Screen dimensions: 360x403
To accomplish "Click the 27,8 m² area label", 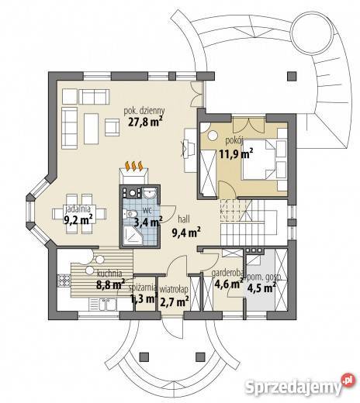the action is click(x=145, y=122).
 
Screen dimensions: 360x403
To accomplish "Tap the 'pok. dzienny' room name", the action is click(x=144, y=111).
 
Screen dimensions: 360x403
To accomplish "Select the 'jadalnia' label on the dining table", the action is click(x=78, y=208).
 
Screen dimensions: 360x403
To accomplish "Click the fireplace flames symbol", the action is click(x=133, y=166).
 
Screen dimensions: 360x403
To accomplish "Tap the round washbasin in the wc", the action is click(x=150, y=193).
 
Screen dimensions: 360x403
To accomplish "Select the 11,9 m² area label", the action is click(x=236, y=154).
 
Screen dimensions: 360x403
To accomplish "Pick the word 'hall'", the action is click(x=184, y=219).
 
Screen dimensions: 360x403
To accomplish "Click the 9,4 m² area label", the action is click(x=186, y=232).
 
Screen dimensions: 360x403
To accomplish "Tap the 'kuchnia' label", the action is click(x=109, y=273).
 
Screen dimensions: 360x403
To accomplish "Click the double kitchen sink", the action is click(x=102, y=304).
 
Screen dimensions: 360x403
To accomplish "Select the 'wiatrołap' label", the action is click(x=174, y=290).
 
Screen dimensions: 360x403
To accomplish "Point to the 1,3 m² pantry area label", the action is click(x=144, y=299).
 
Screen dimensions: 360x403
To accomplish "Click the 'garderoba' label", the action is click(x=227, y=273).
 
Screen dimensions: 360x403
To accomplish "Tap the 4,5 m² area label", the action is click(x=261, y=288).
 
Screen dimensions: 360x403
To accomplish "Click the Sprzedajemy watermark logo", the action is click(x=299, y=386).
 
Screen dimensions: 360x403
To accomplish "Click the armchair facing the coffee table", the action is click(x=112, y=127).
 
